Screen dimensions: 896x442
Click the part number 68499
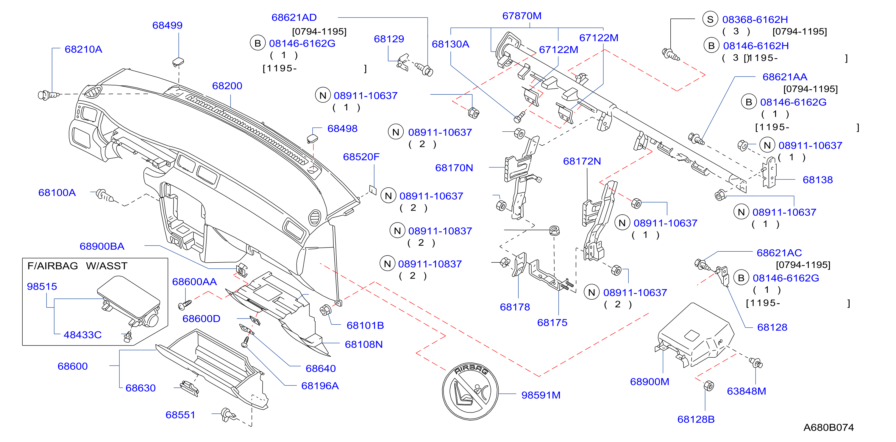click(167, 25)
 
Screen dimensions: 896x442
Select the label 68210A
click(83, 49)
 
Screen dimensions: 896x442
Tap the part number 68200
click(227, 86)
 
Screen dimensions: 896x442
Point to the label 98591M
click(541, 395)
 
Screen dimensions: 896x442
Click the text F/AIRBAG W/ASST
click(78, 266)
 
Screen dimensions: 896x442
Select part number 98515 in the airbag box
click(42, 287)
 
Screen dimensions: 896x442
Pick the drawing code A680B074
click(828, 428)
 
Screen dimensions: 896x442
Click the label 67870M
click(522, 16)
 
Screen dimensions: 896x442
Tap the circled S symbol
click(710, 19)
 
